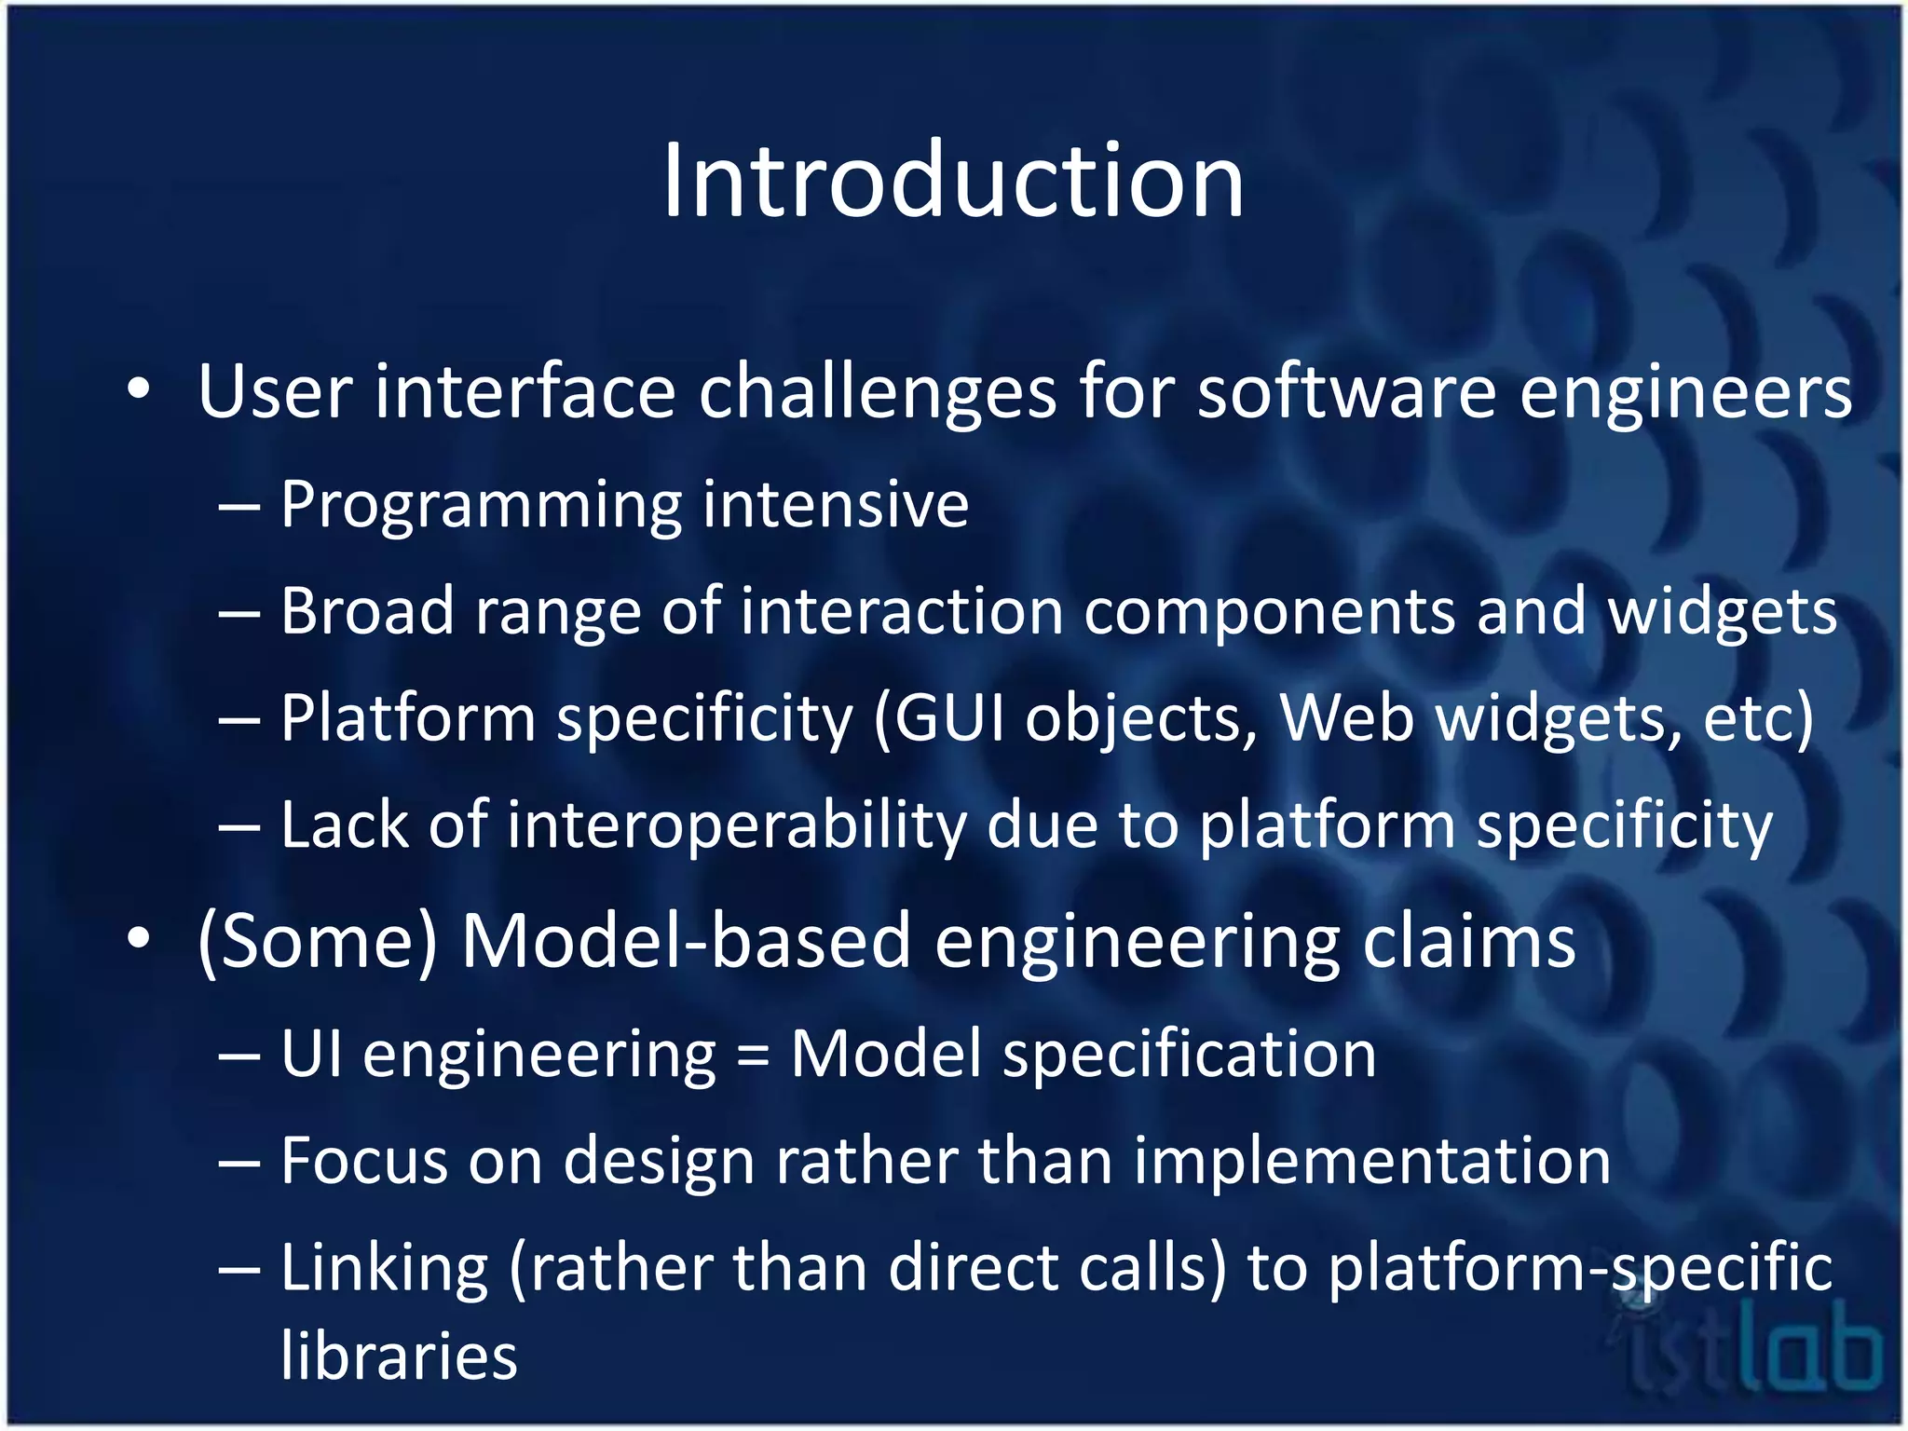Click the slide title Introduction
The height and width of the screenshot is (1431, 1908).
tap(952, 181)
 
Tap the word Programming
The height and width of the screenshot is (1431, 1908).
tap(480, 506)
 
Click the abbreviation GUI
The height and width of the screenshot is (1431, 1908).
tap(950, 719)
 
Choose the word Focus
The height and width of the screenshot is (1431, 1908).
tap(364, 1162)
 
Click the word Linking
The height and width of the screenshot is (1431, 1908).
tap(384, 1269)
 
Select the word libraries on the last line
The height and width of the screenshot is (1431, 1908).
tap(399, 1356)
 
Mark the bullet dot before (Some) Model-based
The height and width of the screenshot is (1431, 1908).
tap(139, 940)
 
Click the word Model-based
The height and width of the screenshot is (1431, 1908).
tap(686, 942)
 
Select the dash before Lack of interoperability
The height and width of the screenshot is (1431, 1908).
tap(239, 826)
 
